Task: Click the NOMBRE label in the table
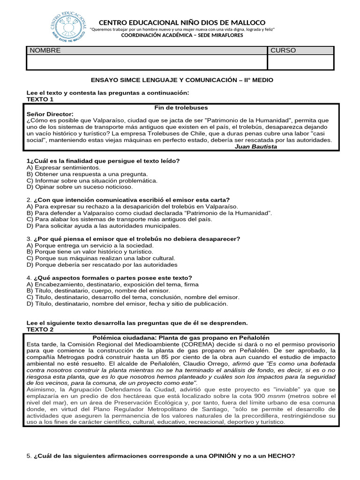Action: tap(45, 51)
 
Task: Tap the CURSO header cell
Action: tap(283, 51)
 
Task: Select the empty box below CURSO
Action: tap(300, 62)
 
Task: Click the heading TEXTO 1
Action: tap(40, 99)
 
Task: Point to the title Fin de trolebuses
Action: tap(181, 108)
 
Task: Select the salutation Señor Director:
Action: tap(50, 114)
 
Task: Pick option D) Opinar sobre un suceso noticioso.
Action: tap(80, 187)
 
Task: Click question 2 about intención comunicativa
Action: tap(128, 200)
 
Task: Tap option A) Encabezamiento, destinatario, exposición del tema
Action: tap(112, 284)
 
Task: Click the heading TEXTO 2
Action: tap(40, 330)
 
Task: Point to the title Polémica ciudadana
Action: tap(181, 337)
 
